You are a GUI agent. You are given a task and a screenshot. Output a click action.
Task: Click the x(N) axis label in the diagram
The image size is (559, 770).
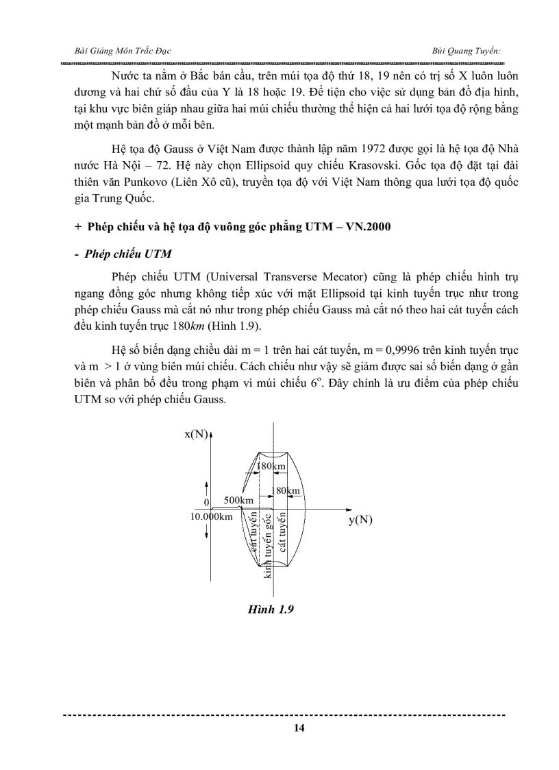click(x=196, y=433)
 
